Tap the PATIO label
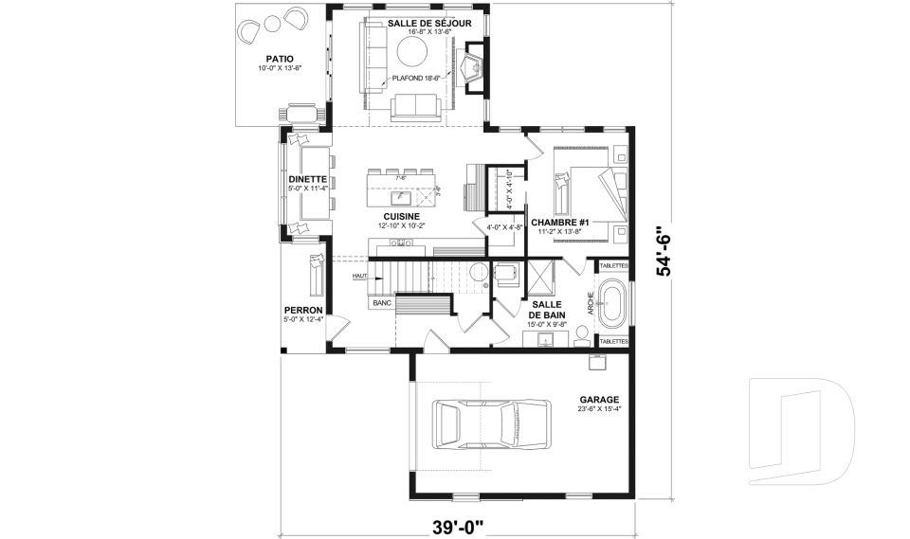279,58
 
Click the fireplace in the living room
471,68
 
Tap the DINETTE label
307,179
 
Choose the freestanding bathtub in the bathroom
613,303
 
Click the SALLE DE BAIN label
547,309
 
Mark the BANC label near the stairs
382,303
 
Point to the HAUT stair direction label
359,276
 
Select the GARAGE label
601,400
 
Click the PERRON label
303,310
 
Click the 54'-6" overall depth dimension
667,253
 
